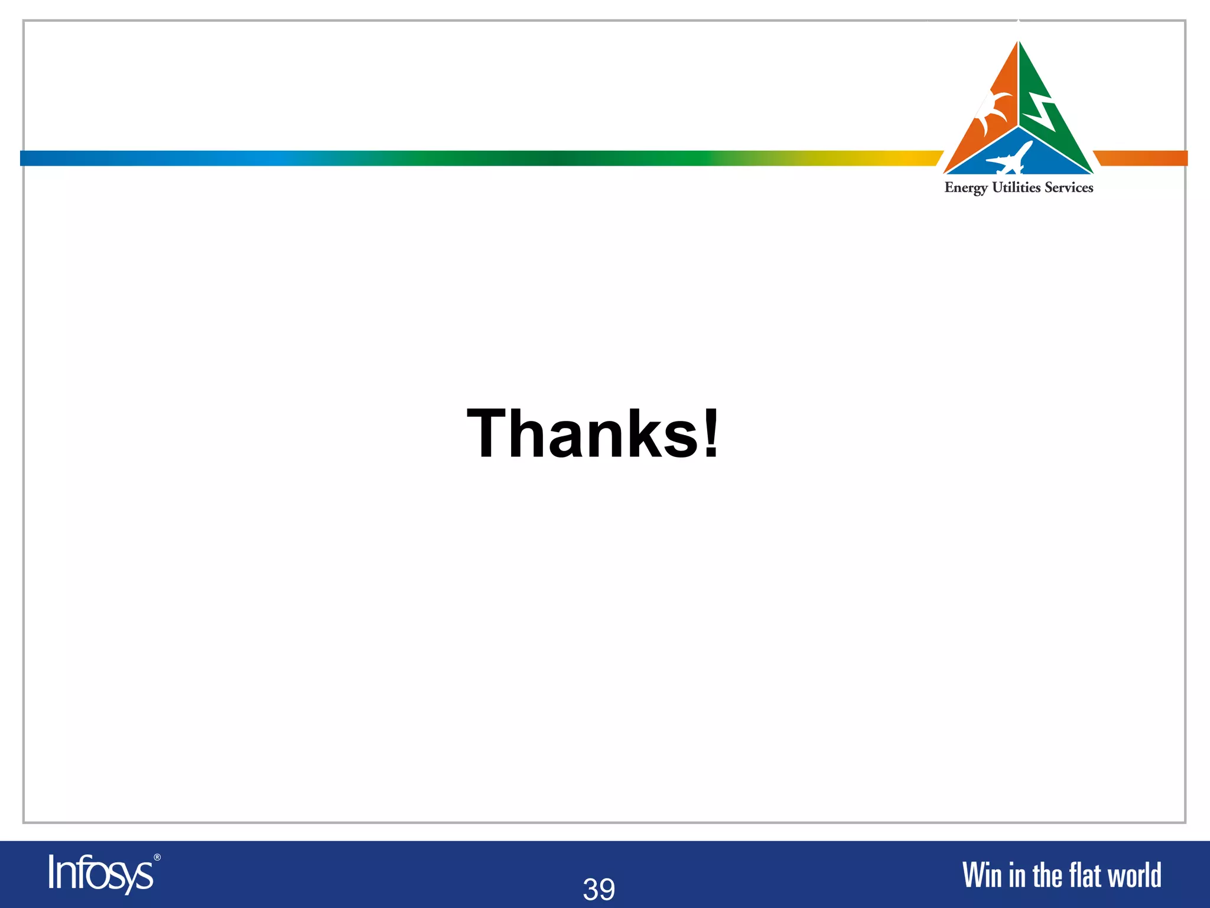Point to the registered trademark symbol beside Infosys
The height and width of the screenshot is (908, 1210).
[157, 857]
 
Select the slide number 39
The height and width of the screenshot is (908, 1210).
[599, 889]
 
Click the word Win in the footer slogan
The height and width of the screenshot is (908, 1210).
[983, 875]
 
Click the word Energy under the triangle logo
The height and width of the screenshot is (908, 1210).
[966, 188]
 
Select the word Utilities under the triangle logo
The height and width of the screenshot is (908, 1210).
[1016, 187]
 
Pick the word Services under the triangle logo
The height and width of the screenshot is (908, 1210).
[1069, 187]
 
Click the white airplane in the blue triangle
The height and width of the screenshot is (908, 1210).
[1009, 158]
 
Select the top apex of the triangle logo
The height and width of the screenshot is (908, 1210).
[1019, 43]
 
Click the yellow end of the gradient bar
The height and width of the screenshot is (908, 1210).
[922, 158]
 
